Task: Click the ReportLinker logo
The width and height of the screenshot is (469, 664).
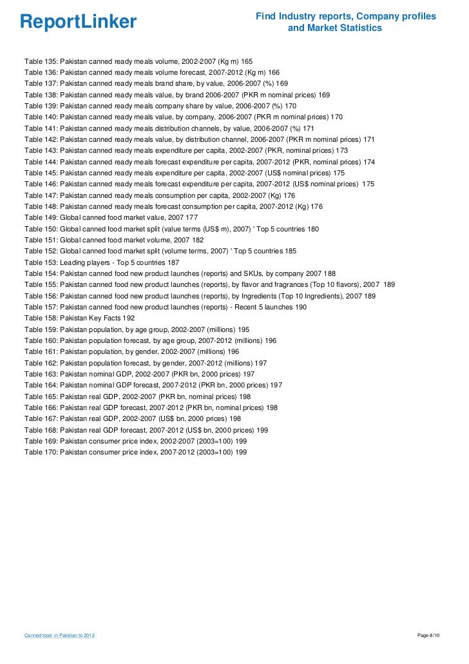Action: coord(78,22)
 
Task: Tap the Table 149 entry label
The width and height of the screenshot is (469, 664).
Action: coord(40,218)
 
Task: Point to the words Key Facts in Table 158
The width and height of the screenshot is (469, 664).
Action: coord(106,318)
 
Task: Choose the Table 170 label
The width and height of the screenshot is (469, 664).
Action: coord(40,453)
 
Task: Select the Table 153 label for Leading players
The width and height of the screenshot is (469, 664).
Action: coord(40,262)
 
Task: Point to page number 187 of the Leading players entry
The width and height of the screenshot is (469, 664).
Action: coord(173,262)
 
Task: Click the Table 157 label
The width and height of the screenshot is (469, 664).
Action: coord(40,307)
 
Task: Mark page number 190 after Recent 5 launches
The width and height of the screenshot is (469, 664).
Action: coord(300,307)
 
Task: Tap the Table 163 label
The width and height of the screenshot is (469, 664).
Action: coord(40,374)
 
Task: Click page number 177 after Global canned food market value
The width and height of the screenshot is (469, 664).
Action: coord(191,218)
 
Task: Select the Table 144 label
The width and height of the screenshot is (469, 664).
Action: coord(40,161)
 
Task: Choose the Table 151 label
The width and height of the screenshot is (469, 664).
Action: coord(40,240)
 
